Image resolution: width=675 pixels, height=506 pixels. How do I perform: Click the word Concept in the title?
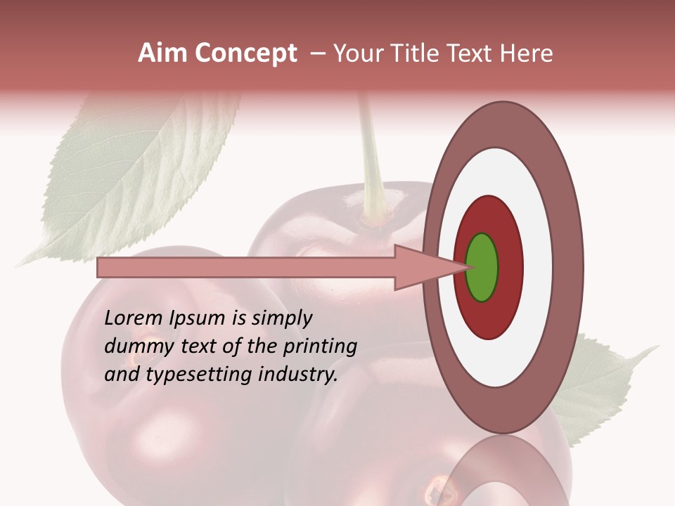point(245,53)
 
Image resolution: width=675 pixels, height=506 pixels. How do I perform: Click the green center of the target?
point(482,267)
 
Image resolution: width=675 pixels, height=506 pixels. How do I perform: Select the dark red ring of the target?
point(510,267)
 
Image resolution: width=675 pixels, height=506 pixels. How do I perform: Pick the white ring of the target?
point(538,267)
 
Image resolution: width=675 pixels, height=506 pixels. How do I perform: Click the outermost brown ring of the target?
point(568,267)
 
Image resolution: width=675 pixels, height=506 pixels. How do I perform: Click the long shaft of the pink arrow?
point(246,267)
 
